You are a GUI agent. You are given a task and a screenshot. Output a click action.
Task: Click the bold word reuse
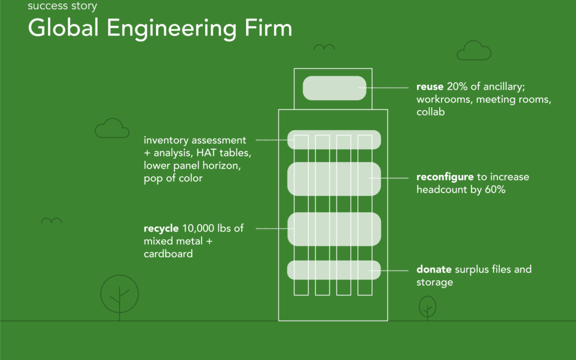429,86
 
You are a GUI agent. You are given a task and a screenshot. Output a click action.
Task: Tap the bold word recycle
161,228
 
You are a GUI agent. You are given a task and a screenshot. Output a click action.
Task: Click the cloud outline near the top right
474,51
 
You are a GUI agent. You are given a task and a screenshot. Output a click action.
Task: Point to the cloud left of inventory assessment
112,129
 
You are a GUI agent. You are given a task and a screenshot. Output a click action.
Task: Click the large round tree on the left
119,294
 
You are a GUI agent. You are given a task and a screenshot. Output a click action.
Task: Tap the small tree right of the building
427,308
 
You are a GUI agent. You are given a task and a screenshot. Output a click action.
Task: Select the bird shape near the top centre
324,47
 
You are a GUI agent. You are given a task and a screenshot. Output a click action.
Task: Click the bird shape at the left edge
52,220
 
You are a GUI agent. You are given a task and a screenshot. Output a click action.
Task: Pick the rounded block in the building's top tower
334,88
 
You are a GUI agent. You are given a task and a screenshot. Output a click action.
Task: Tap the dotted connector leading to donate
392,270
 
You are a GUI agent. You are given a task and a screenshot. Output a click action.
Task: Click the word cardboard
168,254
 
